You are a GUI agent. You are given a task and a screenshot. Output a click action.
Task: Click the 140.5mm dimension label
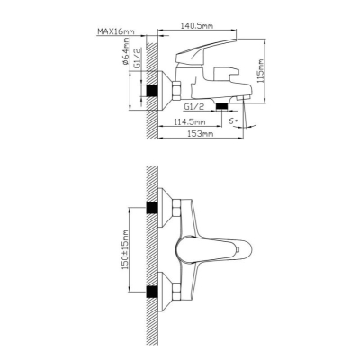[x=196, y=26]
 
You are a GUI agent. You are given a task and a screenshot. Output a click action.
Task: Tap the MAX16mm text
[x=116, y=31]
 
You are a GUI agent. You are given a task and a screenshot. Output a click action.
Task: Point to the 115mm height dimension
[x=261, y=71]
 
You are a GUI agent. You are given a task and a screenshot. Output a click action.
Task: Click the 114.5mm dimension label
[x=189, y=121]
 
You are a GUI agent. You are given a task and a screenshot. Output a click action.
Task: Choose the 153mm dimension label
[x=201, y=134]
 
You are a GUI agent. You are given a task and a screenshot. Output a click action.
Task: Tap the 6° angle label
[x=233, y=121]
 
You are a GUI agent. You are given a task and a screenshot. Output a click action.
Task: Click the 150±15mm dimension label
[x=125, y=249]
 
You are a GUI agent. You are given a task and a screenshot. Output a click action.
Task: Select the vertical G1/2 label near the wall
[x=137, y=58]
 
